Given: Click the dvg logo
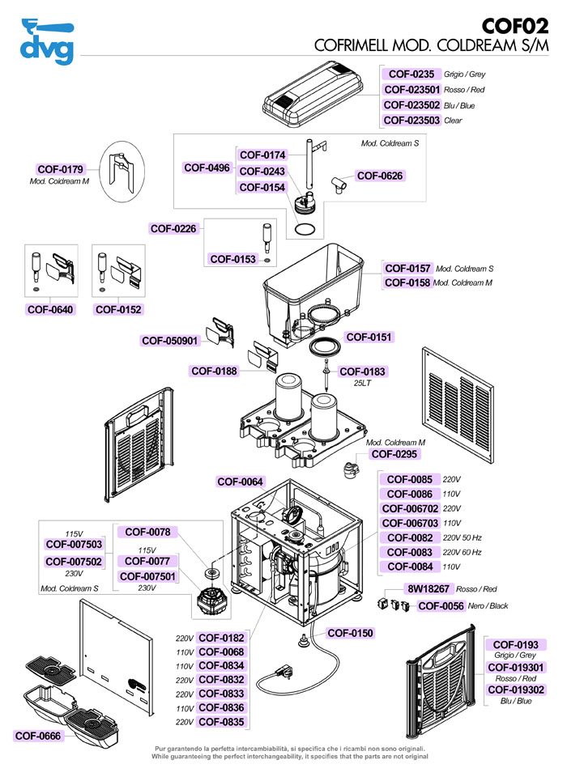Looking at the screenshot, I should (46, 42).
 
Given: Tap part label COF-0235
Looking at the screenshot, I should (412, 74).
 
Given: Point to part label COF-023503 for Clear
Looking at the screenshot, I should (411, 121).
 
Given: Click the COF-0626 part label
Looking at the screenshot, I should (379, 176).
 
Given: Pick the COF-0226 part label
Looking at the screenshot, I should (173, 229).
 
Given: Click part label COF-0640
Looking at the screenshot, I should (50, 309).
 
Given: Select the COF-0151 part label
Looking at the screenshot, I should (369, 337).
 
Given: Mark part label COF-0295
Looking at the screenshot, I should (394, 454).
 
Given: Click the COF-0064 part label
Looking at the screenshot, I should (240, 482).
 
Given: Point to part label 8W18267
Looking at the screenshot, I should (428, 590).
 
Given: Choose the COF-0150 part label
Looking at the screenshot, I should (350, 633).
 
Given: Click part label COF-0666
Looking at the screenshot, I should (37, 736).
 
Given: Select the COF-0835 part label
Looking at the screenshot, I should (221, 722).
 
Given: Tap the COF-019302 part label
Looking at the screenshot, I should (514, 690).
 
